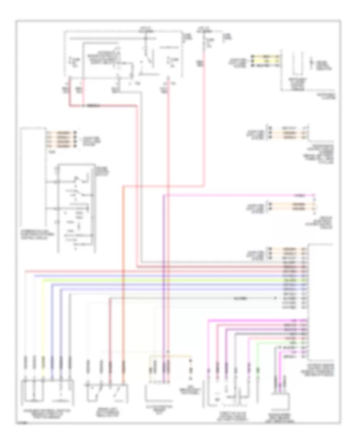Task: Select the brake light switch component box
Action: (x=107, y=392)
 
